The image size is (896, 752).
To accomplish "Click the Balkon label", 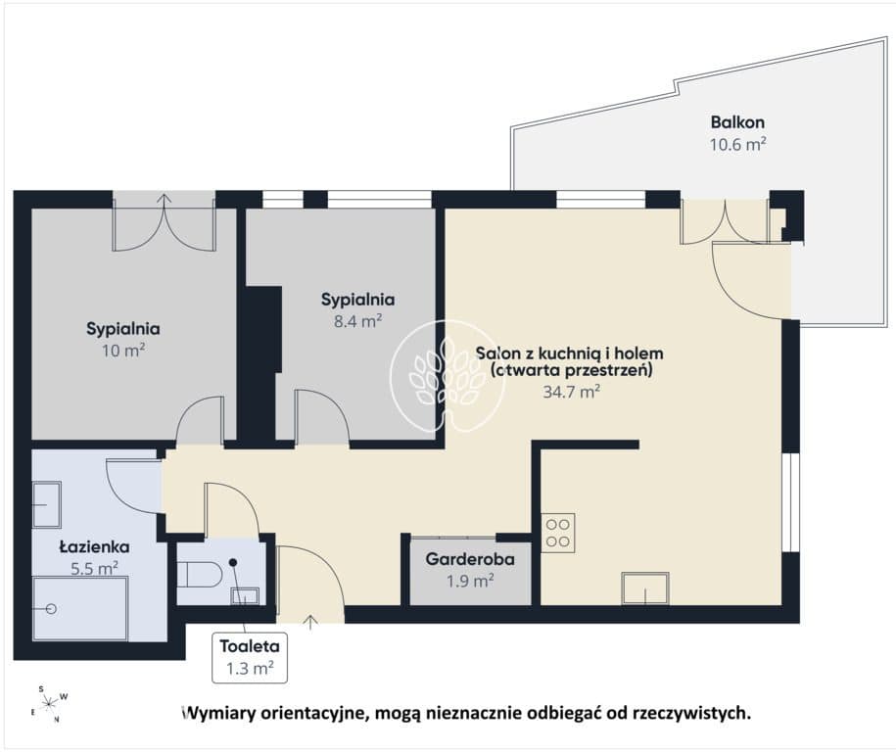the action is tap(737, 121).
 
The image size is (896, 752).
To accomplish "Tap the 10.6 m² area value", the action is tap(737, 143).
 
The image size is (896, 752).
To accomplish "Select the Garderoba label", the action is tap(470, 559).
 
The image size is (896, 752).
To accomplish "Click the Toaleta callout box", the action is tap(250, 658).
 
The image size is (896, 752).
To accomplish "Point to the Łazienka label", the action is tap(95, 546).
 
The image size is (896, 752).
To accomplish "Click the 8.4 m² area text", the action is tap(357, 321).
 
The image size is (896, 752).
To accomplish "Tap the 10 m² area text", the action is tap(123, 350).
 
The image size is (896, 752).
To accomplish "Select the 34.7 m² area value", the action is tap(571, 392).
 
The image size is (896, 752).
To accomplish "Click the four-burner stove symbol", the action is tap(558, 533).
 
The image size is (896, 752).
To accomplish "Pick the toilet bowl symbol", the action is tap(200, 574).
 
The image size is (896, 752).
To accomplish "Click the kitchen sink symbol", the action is tap(645, 588).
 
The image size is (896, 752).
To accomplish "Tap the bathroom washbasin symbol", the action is tap(46, 504).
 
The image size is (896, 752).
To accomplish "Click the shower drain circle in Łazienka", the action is tap(51, 609).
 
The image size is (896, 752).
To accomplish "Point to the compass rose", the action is tap(50, 702).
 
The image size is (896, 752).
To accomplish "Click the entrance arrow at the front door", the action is tap(310, 623).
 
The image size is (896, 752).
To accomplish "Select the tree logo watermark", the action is tap(448, 375).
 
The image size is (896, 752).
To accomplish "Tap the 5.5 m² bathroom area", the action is tap(94, 569).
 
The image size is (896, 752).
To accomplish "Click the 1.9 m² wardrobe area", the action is tap(470, 581).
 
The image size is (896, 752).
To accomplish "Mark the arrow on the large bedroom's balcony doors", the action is tap(165, 203).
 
